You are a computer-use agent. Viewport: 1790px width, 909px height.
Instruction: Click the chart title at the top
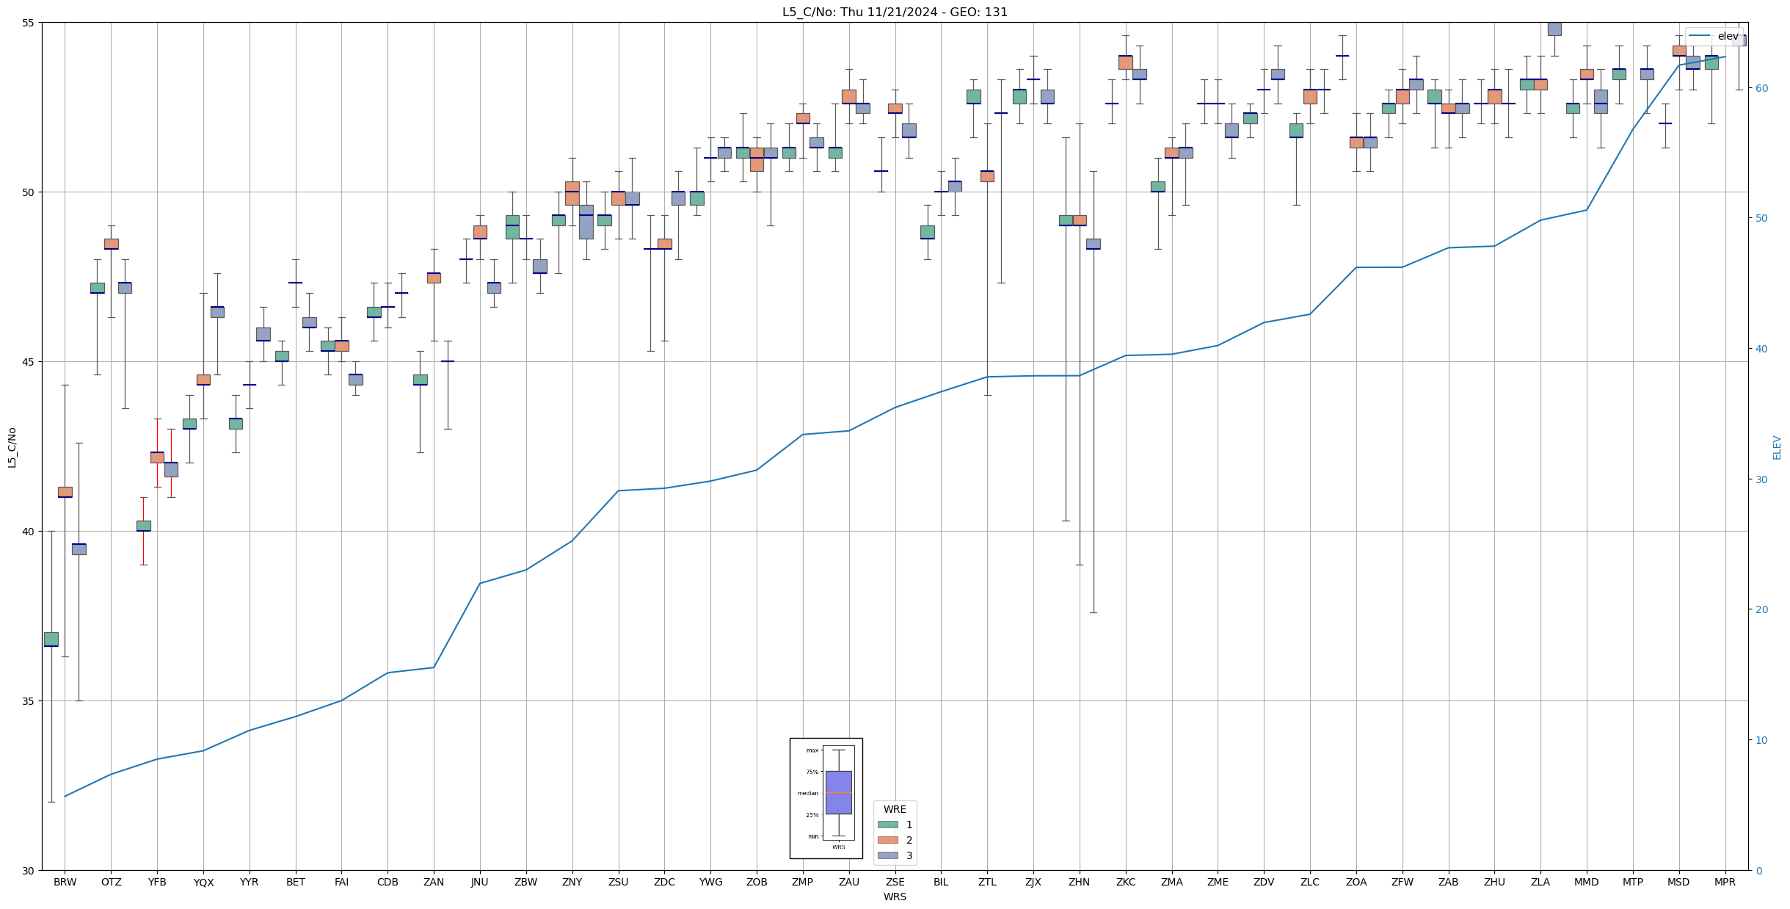coord(895,12)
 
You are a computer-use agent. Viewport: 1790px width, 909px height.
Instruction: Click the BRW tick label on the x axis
coord(65,882)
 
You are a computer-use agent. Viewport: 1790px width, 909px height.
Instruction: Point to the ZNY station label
coord(572,882)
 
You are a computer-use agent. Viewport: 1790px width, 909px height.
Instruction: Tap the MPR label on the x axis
coord(1724,882)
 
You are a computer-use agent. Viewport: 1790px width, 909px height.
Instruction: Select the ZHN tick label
coord(1079,882)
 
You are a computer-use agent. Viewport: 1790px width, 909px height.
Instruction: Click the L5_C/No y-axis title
coord(12,446)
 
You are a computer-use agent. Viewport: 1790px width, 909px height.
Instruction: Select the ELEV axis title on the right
coord(1777,447)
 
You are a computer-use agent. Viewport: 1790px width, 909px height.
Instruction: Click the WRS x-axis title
coord(895,897)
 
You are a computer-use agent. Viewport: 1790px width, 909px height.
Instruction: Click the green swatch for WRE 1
coord(887,825)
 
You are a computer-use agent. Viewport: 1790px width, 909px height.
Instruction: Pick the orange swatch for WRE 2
coord(887,840)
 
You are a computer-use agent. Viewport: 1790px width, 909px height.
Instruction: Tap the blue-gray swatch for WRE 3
coord(887,855)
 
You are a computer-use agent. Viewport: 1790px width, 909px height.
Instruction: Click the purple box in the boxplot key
coord(838,792)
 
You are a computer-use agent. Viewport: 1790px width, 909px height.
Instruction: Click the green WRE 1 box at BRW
coord(51,639)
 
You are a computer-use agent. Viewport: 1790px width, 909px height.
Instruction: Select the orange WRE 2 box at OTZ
coord(111,244)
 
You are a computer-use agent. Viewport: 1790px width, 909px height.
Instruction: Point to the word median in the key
coord(807,793)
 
